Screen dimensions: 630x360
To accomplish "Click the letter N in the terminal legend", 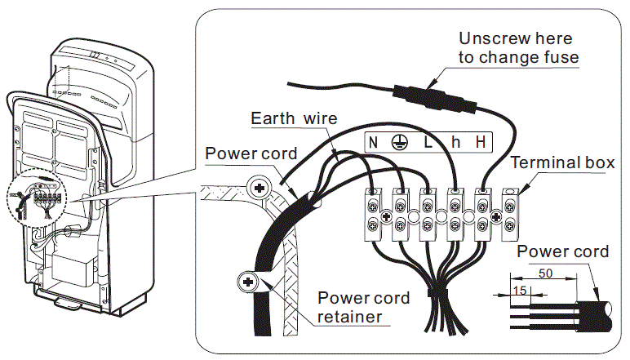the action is [373, 142].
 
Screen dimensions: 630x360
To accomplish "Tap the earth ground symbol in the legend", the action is [400, 142].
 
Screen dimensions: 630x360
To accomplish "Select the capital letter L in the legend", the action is [428, 142].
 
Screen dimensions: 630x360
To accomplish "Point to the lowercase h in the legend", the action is [455, 142].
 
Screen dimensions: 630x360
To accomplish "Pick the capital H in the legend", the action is [481, 142].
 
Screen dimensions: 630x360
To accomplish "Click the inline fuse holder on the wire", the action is [434, 97].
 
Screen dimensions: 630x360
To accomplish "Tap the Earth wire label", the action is [294, 118].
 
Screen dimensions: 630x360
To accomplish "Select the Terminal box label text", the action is [562, 162].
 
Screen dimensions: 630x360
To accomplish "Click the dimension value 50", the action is [545, 273].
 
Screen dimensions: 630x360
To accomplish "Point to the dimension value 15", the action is [520, 290].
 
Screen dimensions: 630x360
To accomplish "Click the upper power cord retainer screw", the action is [260, 187].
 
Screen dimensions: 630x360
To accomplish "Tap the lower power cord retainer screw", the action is [248, 282].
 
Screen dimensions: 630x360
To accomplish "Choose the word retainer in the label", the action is [349, 317].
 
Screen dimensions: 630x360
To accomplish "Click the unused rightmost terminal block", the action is [510, 216].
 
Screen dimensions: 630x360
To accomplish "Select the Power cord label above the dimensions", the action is [562, 251].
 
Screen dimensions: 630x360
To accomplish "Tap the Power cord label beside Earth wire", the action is [251, 153].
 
